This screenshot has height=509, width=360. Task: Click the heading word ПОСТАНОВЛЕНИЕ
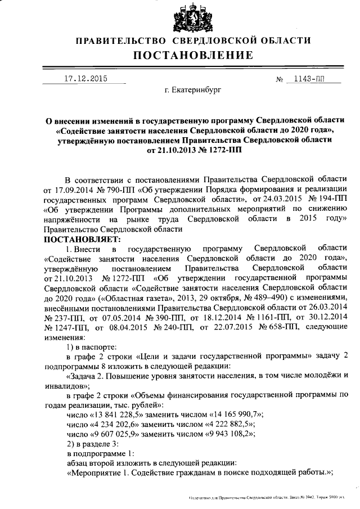[x=193, y=56]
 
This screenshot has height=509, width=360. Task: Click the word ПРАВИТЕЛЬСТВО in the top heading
[x=120, y=40]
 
